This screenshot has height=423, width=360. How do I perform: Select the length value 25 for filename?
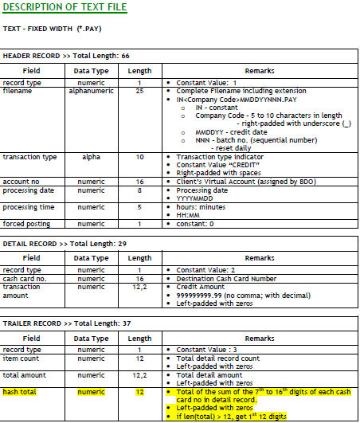point(140,91)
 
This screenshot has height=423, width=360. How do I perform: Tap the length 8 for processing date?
point(140,190)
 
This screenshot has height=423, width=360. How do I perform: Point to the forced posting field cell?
point(25,224)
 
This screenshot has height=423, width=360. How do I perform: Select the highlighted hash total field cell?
point(21,392)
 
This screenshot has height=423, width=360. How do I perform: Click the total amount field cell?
point(25,374)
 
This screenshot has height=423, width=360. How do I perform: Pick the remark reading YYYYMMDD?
point(194,198)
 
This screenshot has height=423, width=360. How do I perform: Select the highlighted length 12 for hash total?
point(140,392)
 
